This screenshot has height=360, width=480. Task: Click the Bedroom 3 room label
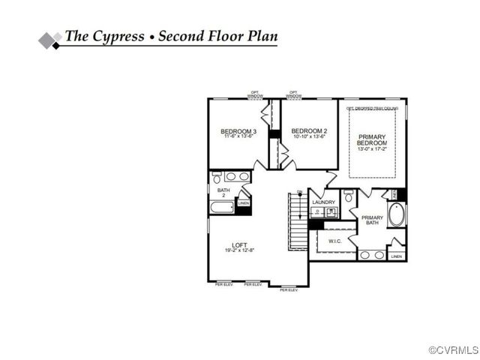click(238, 132)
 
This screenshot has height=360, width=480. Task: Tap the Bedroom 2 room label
click(310, 130)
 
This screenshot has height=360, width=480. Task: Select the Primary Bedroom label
click(371, 139)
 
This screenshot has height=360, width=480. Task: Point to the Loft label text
click(239, 244)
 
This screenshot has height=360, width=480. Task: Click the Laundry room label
click(323, 202)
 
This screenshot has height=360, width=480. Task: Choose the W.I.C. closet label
click(334, 241)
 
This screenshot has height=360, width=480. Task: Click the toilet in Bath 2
click(217, 178)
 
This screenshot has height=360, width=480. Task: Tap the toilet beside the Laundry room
click(348, 197)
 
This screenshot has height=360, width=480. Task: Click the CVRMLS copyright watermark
click(453, 350)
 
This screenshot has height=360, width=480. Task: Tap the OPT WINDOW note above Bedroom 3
click(256, 95)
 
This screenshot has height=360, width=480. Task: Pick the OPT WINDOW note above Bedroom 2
click(293, 95)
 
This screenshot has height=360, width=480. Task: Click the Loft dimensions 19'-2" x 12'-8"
click(239, 250)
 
